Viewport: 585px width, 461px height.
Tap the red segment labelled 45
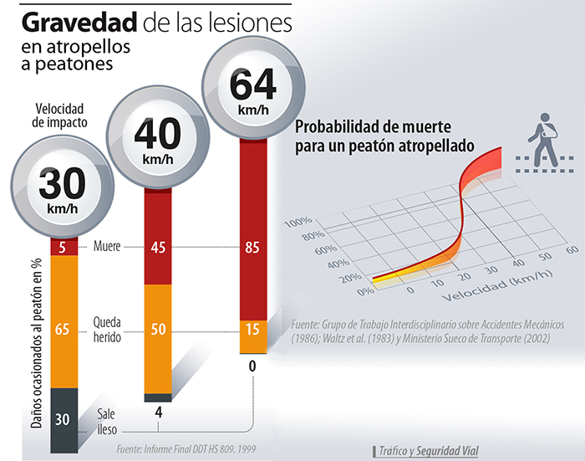[x=158, y=247]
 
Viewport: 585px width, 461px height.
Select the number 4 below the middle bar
[x=158, y=412]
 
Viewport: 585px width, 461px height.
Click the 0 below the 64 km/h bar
[x=252, y=366]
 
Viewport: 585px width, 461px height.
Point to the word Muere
[x=108, y=247]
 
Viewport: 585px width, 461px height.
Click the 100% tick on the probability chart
[x=297, y=223]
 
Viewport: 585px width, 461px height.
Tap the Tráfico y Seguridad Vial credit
[x=426, y=450]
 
